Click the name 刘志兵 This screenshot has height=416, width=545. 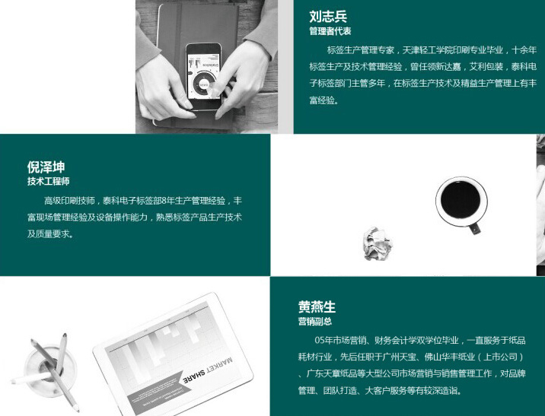click(x=328, y=16)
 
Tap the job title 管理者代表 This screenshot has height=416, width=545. click(x=330, y=31)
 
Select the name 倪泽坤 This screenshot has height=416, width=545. click(x=46, y=167)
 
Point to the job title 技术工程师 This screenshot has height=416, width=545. click(x=48, y=181)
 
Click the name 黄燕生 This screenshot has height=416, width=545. click(x=317, y=307)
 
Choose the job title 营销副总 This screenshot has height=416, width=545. click(x=315, y=321)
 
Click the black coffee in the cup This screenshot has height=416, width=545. click(x=461, y=200)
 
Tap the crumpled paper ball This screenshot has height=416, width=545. click(x=378, y=243)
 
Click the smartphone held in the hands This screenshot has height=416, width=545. click(x=204, y=76)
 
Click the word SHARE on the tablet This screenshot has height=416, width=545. click(x=193, y=376)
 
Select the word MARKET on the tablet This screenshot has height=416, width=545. click(x=218, y=366)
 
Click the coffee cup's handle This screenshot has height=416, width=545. click(x=474, y=228)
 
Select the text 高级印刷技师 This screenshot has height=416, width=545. click(x=69, y=201)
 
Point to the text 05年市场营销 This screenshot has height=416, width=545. click(x=341, y=340)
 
